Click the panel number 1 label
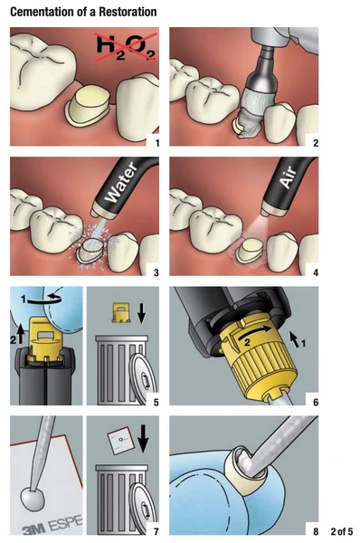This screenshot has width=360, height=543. (x=157, y=143)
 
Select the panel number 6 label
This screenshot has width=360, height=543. (x=316, y=402)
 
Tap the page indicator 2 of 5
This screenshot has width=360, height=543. (x=342, y=531)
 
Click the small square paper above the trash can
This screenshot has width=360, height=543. (x=119, y=441)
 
